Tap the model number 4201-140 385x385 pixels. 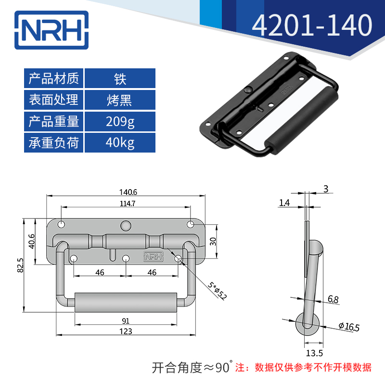[312, 26]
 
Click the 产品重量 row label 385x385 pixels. [54, 122]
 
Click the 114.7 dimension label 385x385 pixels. [127, 203]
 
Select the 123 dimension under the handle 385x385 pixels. [126, 332]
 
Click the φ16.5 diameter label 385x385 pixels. [349, 327]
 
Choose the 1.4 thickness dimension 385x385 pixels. [284, 203]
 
